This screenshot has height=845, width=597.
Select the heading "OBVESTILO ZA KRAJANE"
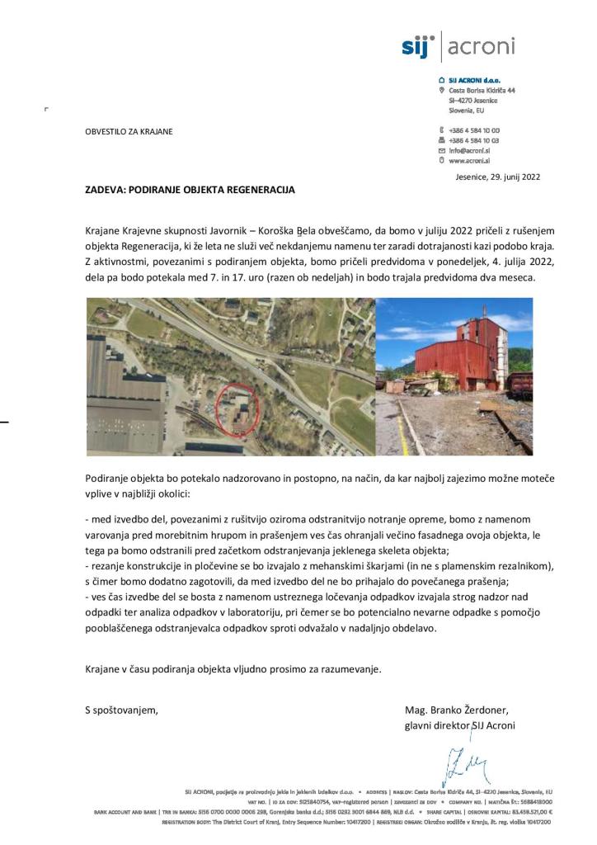129,131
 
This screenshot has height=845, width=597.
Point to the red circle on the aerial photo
237,408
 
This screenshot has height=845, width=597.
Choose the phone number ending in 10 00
474,130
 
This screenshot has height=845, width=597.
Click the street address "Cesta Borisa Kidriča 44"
482,90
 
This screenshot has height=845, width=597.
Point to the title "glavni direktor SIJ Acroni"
460,725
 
